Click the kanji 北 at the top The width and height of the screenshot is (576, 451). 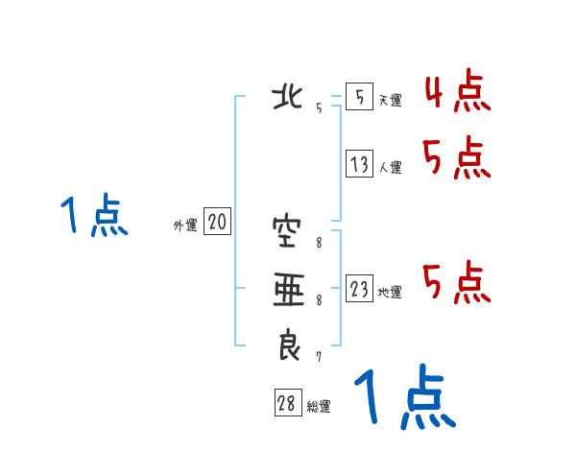tap(288, 98)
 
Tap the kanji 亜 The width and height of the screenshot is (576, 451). tap(287, 288)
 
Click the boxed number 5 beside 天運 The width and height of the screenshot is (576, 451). tap(359, 98)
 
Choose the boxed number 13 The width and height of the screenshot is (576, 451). tap(359, 165)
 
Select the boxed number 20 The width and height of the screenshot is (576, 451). tap(217, 224)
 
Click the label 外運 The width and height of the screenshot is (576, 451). tap(185, 225)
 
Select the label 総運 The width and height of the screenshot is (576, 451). tap(319, 407)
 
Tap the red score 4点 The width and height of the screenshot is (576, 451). tap(456, 93)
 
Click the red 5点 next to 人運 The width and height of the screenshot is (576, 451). tap(456, 158)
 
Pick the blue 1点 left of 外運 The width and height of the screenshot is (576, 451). tap(94, 216)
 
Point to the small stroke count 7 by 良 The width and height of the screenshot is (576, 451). tap(318, 357)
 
